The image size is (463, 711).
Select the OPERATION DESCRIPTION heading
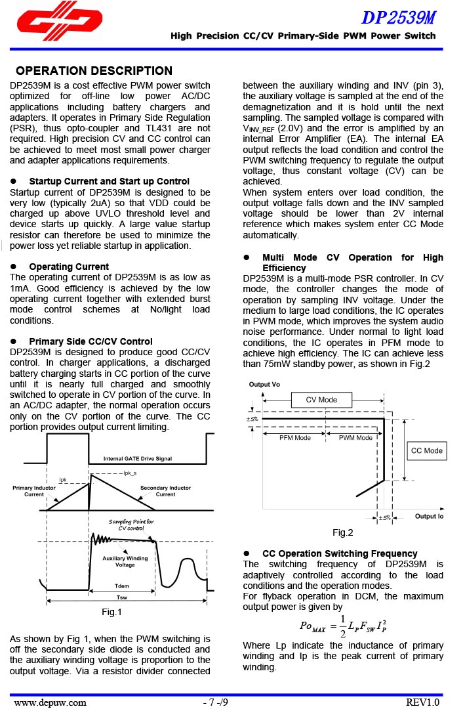point(94,71)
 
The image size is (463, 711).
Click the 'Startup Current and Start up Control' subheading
point(109,181)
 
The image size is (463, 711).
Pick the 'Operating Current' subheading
point(69,267)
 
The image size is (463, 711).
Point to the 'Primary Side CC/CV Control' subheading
point(91,341)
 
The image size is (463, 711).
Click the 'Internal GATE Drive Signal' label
point(138,458)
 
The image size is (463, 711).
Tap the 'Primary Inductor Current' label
point(34,491)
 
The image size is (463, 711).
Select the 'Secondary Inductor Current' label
point(165,491)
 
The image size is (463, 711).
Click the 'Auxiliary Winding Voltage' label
point(125,561)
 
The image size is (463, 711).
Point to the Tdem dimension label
point(122,586)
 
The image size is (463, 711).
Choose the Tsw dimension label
point(122,597)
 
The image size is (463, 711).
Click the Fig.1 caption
point(112,613)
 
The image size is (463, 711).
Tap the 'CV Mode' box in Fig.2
point(321,400)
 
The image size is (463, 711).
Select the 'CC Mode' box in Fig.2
point(426,450)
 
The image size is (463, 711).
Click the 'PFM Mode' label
point(294,438)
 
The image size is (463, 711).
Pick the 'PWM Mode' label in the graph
point(355,438)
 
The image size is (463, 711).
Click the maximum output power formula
point(342,626)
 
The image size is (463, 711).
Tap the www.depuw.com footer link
point(50,702)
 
